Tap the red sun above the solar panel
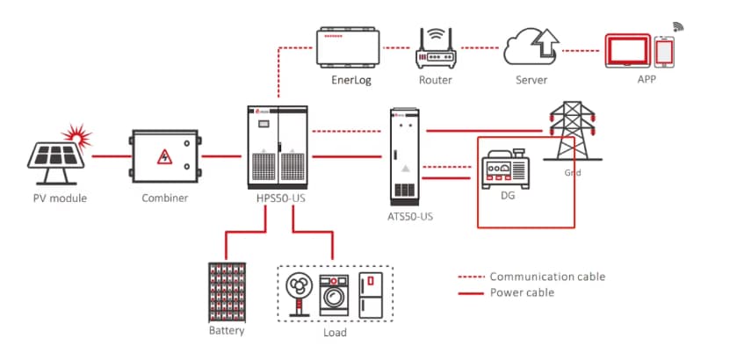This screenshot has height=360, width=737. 80,135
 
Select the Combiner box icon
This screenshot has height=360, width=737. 164,157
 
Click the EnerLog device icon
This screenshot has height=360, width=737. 348,47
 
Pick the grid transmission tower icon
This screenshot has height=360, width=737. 567,131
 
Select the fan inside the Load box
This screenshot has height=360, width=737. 300,292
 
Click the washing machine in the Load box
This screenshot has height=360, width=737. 334,293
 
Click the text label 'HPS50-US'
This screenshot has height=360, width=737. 278,198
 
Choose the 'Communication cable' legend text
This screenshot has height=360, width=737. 546,277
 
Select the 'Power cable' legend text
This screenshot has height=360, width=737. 522,292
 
